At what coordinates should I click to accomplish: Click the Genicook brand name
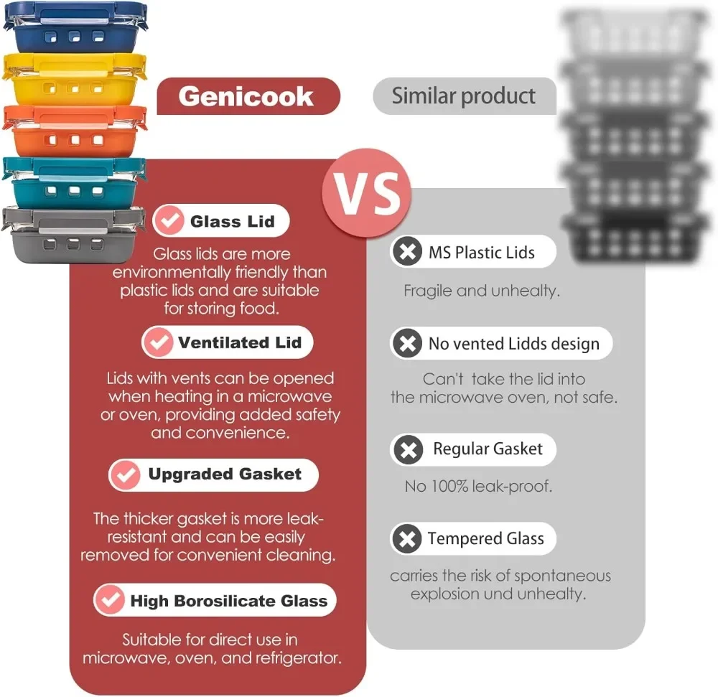[x=246, y=96]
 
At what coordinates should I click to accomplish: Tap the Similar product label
[x=464, y=96]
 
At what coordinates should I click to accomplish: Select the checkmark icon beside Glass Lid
[x=170, y=221]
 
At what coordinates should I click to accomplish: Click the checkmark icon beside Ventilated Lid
[x=158, y=342]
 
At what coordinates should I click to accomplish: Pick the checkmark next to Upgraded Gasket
[x=125, y=474]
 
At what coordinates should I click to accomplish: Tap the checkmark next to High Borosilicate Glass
[x=110, y=601]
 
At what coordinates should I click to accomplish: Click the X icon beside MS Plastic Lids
[x=407, y=252]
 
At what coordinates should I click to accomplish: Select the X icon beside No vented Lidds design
[x=407, y=343]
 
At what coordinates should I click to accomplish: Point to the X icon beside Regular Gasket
[x=408, y=450]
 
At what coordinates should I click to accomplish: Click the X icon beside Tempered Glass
[x=407, y=539]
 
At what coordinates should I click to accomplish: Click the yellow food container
[x=75, y=78]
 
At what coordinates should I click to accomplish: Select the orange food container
[x=75, y=129]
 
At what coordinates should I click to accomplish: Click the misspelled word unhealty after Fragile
[x=526, y=291]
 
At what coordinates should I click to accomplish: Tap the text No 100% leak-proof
[x=478, y=486]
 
